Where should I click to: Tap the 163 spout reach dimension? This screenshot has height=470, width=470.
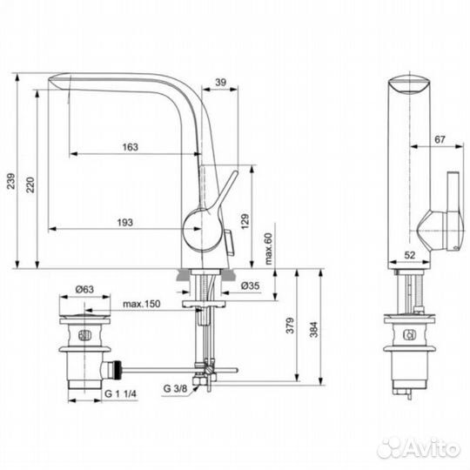[x=130, y=146]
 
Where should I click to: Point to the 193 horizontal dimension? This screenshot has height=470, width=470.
[x=125, y=223]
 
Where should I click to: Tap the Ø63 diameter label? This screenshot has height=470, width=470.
[x=84, y=288]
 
